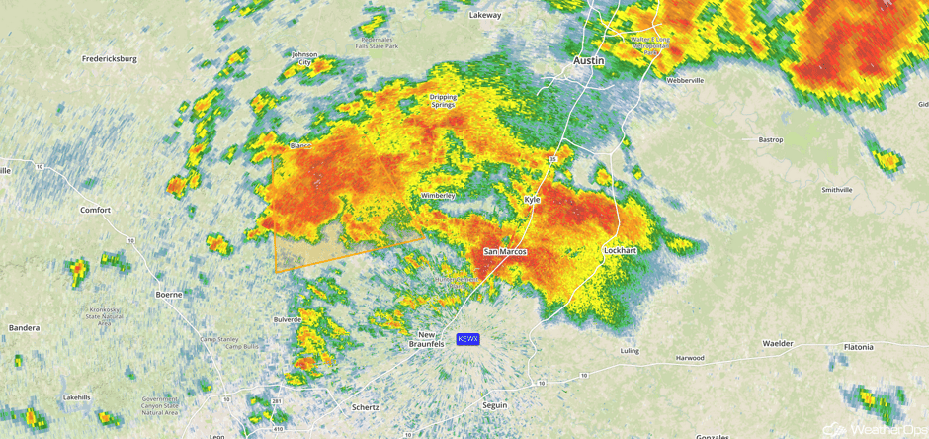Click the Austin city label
589,60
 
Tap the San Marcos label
505,252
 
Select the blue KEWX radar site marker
467,339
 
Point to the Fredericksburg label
109,59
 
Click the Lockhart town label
620,251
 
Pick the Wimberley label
438,196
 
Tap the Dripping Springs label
443,101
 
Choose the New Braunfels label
428,339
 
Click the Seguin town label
494,405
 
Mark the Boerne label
169,294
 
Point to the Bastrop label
771,140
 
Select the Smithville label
837,190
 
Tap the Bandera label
24,327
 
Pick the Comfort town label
96,210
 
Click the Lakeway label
485,15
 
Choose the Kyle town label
532,200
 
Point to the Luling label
629,351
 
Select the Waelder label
778,344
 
